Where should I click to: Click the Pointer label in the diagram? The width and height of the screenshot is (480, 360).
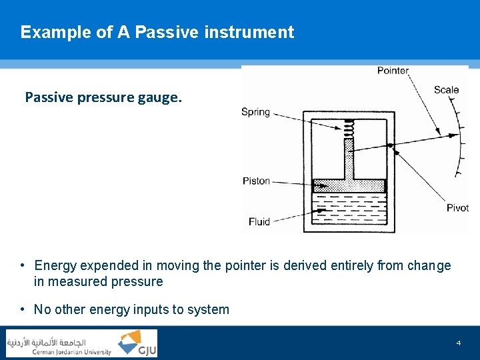(x=393, y=71)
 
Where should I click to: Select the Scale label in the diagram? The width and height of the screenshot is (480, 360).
(x=446, y=90)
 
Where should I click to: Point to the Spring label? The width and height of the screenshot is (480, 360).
(x=255, y=112)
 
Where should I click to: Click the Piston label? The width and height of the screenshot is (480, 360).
(x=256, y=181)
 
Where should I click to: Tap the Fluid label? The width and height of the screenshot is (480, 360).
(x=259, y=221)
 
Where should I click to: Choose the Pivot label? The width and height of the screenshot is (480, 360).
(x=457, y=208)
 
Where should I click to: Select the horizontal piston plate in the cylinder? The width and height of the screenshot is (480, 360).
(x=349, y=186)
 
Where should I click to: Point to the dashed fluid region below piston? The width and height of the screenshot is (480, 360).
(x=349, y=210)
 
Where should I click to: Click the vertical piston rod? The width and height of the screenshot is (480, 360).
(x=349, y=160)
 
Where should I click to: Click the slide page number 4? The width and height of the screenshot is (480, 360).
(x=459, y=343)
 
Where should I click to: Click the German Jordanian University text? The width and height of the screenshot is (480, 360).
(x=72, y=352)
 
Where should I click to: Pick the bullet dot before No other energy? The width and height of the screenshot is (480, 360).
(x=23, y=309)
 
